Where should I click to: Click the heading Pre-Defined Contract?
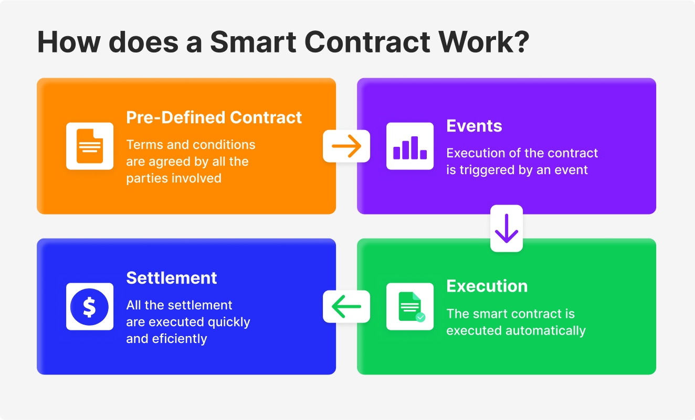(214, 117)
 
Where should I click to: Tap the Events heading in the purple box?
(474, 126)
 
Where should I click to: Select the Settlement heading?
(172, 278)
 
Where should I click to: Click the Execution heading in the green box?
(487, 286)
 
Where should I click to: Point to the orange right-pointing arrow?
(346, 146)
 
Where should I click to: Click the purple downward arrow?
(507, 229)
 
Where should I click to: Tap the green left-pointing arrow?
(346, 306)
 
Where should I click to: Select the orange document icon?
(90, 146)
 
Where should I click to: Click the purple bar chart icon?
(410, 146)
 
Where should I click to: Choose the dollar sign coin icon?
(90, 307)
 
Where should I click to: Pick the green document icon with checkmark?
(410, 307)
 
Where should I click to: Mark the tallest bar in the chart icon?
(415, 147)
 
